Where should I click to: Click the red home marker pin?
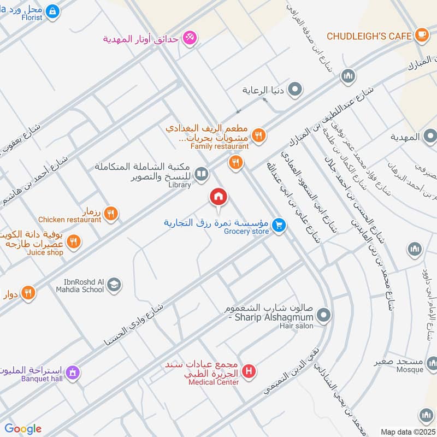pos(218,197)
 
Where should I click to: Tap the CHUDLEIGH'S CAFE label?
pos(369,36)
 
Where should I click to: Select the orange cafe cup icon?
pos(421,35)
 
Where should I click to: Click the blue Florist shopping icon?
pos(52,10)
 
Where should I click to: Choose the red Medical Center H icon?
pos(250,371)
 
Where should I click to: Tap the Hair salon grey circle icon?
pos(324,315)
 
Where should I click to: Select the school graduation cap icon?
pos(114,285)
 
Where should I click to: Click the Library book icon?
pos(202,174)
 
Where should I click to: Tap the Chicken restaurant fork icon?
pos(111,214)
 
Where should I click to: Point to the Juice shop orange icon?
pos(74,241)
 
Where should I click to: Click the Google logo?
pos(23,429)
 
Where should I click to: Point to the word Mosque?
pos(410,370)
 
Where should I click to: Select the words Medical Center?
pos(214,382)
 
